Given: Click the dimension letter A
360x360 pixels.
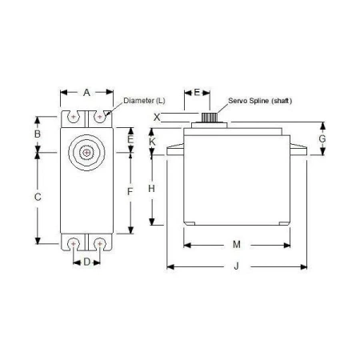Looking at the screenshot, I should click(86, 92).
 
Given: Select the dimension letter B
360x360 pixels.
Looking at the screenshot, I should click(37, 134).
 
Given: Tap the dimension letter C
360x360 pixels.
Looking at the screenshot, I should click(37, 197).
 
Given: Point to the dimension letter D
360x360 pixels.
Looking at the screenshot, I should click(86, 262).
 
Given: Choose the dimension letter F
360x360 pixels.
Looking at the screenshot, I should click(130, 192).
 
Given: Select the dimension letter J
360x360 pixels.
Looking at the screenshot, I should click(236, 266).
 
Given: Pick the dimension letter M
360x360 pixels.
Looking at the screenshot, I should click(237, 243).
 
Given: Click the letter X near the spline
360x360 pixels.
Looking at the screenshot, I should click(157, 117).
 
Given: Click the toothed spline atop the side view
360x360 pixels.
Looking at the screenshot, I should click(210, 118).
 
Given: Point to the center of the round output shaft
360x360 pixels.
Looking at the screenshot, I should click(86, 151).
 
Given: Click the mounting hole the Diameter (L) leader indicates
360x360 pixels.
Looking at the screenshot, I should click(100, 117).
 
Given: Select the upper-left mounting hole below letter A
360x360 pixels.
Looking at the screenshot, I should click(74, 117).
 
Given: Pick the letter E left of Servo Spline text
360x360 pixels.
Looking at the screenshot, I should click(197, 92).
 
